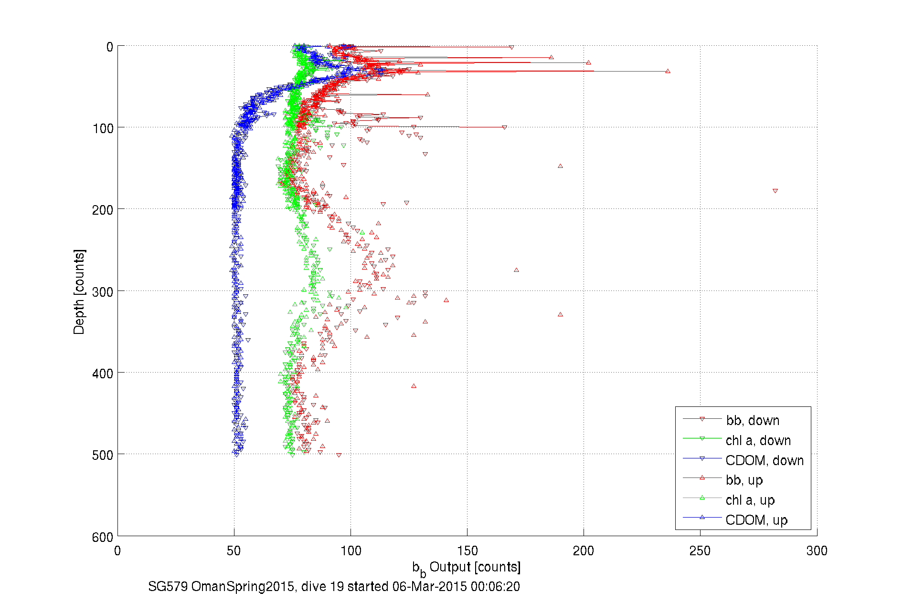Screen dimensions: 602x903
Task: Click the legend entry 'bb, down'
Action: (x=753, y=420)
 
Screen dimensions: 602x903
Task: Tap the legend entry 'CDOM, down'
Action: (x=764, y=460)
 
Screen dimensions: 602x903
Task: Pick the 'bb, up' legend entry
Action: (x=744, y=480)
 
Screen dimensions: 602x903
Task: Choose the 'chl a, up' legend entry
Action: (x=750, y=500)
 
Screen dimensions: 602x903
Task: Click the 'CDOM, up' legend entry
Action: (x=756, y=520)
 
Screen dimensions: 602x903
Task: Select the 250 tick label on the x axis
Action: (x=700, y=551)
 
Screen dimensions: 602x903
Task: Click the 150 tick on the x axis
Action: (x=467, y=551)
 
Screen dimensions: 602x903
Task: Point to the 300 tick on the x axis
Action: (x=817, y=551)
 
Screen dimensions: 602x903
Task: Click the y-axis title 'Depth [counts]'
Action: (x=79, y=291)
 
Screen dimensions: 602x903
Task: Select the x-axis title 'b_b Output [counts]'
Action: (x=467, y=568)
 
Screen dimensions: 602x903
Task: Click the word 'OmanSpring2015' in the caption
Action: (x=243, y=586)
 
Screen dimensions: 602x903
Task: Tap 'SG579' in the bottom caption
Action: (x=168, y=586)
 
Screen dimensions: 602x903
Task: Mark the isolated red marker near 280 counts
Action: (x=775, y=191)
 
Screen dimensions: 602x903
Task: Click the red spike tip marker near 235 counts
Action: (x=668, y=71)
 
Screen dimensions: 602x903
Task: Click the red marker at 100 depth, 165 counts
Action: (x=504, y=127)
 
